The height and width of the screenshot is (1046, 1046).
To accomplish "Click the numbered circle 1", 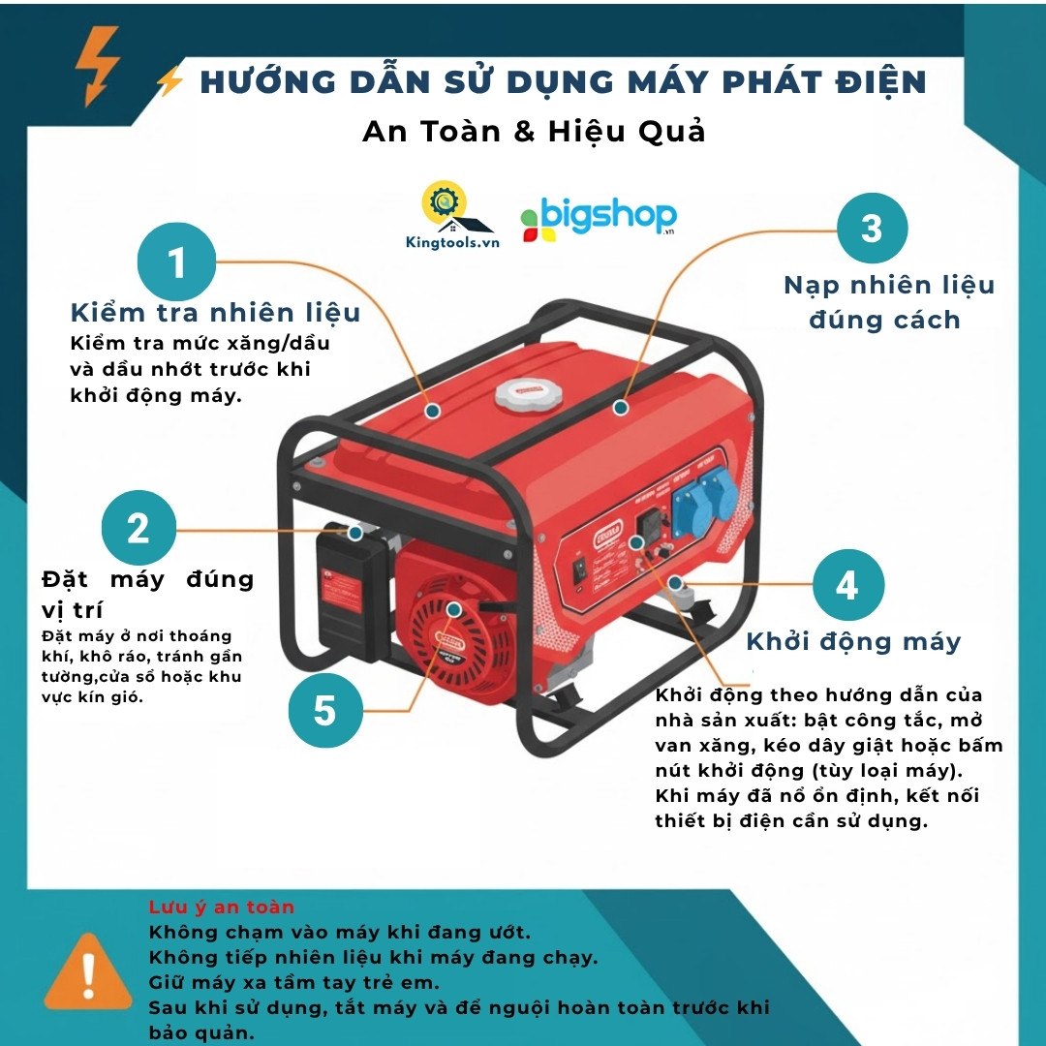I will [x=175, y=262].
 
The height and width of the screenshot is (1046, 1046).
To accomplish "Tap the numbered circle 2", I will [x=138, y=530].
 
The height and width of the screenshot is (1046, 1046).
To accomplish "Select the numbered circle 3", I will [x=872, y=229].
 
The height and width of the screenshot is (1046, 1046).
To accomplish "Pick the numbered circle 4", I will [x=847, y=585].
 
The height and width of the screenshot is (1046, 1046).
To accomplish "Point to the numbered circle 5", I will [x=325, y=711].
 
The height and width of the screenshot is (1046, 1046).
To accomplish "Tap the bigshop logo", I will [x=598, y=220].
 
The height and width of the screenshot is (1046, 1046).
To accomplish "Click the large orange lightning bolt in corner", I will [x=98, y=65].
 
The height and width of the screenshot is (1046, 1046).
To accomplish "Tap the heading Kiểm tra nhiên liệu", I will [x=215, y=313].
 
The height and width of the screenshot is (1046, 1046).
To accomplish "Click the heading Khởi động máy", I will [x=853, y=641].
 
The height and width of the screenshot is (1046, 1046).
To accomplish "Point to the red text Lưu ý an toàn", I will [x=221, y=908].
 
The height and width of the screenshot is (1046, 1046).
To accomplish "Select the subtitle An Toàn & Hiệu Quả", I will [x=534, y=131].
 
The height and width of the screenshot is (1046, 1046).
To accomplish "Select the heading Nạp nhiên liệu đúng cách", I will [x=888, y=302].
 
